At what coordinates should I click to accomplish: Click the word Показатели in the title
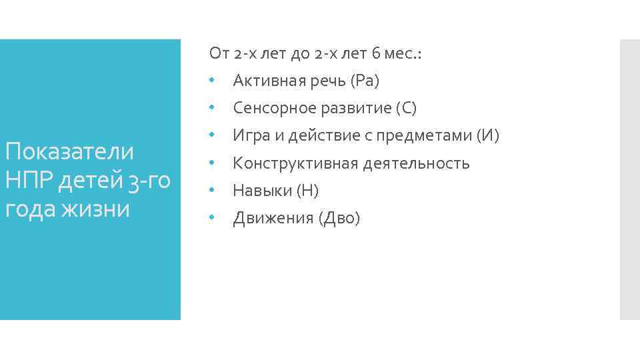coord(69,151)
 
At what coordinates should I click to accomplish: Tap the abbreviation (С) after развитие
coord(405,108)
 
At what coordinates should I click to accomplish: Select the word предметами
coord(431,136)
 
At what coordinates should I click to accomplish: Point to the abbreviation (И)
coord(487,136)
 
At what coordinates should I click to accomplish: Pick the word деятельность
coord(417,163)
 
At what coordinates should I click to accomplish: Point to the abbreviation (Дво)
coord(339,219)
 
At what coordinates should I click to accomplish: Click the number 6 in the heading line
coord(377,53)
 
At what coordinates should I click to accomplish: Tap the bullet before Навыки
coord(211,191)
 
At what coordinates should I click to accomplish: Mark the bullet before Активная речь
coord(211,80)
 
